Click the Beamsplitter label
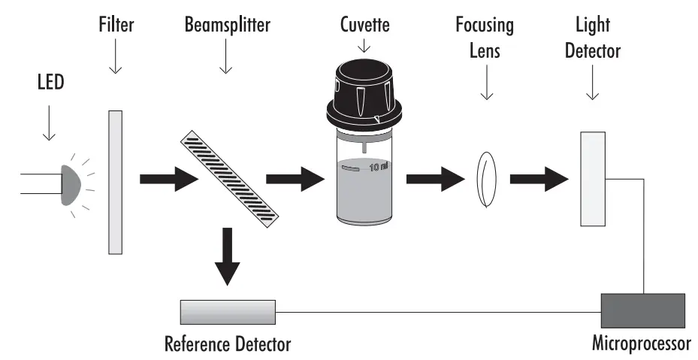(x=227, y=25)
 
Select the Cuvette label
(x=364, y=25)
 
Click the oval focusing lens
(x=487, y=180)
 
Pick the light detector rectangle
(x=593, y=179)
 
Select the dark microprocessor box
(x=642, y=310)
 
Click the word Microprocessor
(x=641, y=345)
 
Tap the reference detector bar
(x=228, y=310)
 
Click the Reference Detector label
(x=228, y=345)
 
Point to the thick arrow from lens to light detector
(x=538, y=180)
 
